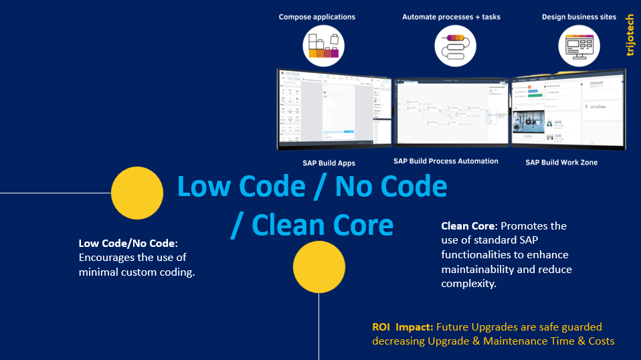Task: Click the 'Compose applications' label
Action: point(317,17)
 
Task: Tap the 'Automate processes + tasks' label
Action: point(451,17)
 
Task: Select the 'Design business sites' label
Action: point(579,17)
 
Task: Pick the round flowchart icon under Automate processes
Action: point(455,46)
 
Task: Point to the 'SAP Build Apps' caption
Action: point(329,163)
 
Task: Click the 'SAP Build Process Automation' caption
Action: point(446,161)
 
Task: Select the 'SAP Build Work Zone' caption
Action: point(561,163)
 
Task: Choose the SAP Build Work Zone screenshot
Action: point(569,112)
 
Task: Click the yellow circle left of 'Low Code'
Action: point(137,193)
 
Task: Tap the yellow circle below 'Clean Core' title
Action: point(319,267)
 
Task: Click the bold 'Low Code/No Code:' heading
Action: point(128,243)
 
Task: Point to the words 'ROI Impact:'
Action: point(403,327)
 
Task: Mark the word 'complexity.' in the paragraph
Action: point(470,284)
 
